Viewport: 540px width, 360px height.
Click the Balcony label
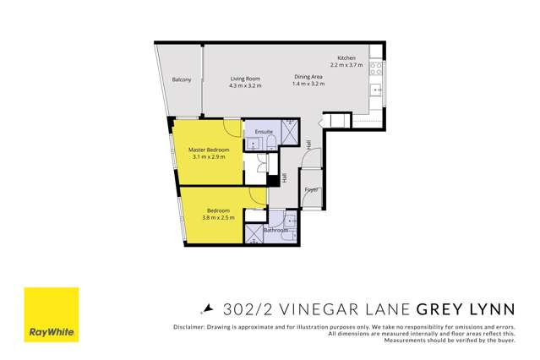[181, 79]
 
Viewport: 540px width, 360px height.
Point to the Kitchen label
[346, 57]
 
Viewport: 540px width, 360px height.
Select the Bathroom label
[275, 230]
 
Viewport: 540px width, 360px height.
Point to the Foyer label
[310, 189]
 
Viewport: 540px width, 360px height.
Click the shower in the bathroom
[254, 234]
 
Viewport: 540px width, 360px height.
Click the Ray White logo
[51, 314]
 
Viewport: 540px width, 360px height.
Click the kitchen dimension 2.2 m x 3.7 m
[346, 65]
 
